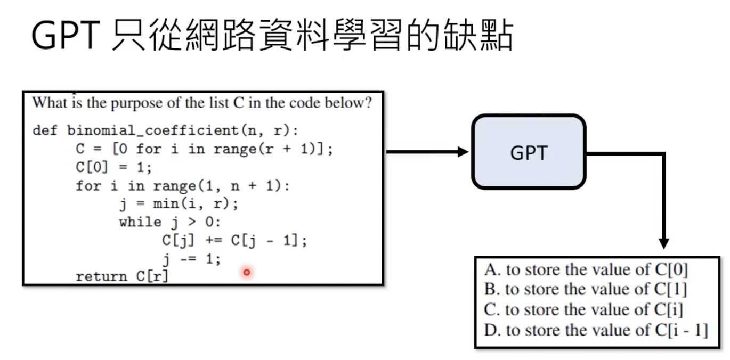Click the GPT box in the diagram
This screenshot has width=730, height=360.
529,152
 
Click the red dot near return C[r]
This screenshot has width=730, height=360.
247,272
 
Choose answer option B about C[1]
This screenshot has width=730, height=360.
585,289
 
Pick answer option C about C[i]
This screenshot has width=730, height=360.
583,309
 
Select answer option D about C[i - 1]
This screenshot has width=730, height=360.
596,330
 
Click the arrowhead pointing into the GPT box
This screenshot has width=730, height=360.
463,152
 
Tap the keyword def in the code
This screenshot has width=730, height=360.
45,130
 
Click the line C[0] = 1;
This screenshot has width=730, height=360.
113,167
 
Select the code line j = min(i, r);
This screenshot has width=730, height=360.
179,204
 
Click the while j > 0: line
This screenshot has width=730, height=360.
169,222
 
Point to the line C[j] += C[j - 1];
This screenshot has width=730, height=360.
234,240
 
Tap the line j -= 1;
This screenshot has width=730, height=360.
191,259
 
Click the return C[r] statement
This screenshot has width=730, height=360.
121,276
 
